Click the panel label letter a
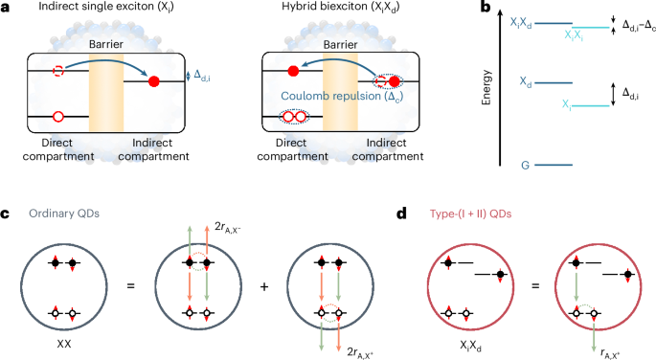pyautogui.click(x=6, y=8)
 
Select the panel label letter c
pyautogui.click(x=6, y=210)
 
